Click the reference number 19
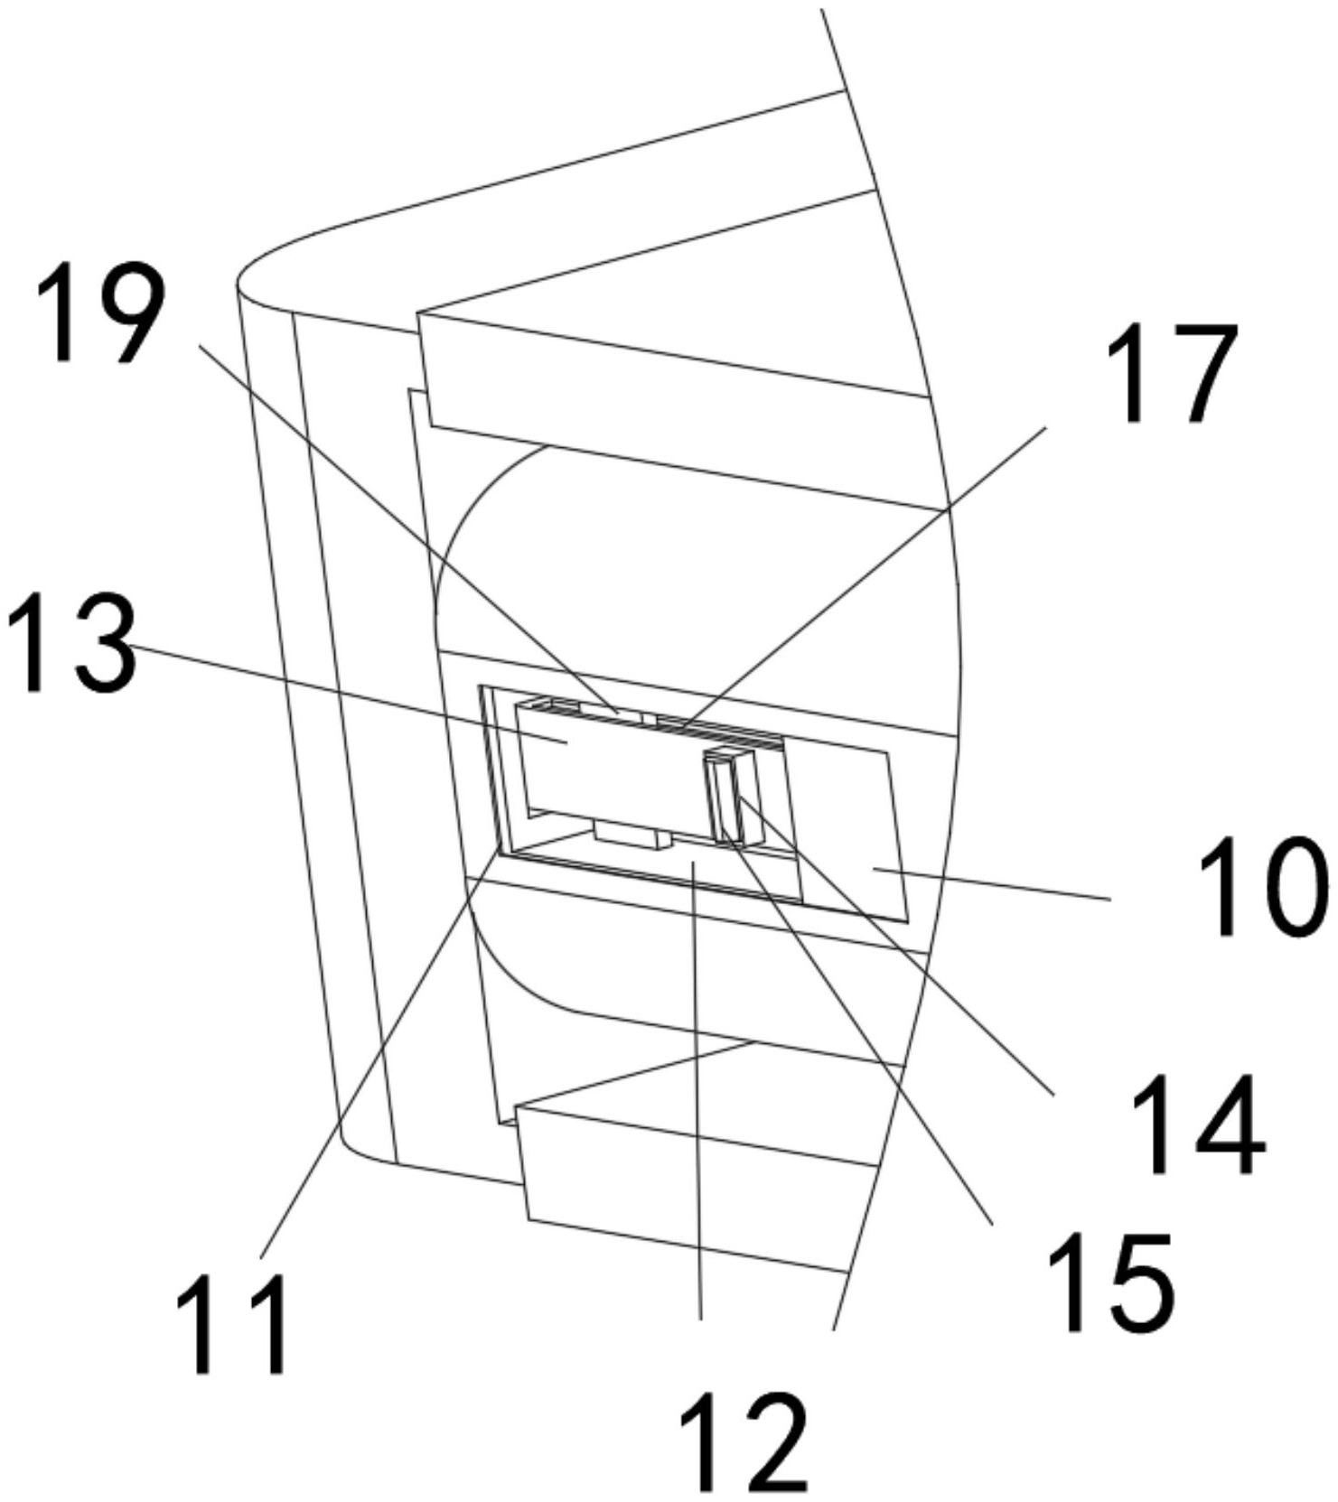[x=102, y=313]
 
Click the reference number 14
[x=1199, y=1124]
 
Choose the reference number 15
[x=1110, y=1282]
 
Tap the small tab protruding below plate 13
[x=633, y=835]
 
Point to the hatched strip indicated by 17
[x=718, y=728]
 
